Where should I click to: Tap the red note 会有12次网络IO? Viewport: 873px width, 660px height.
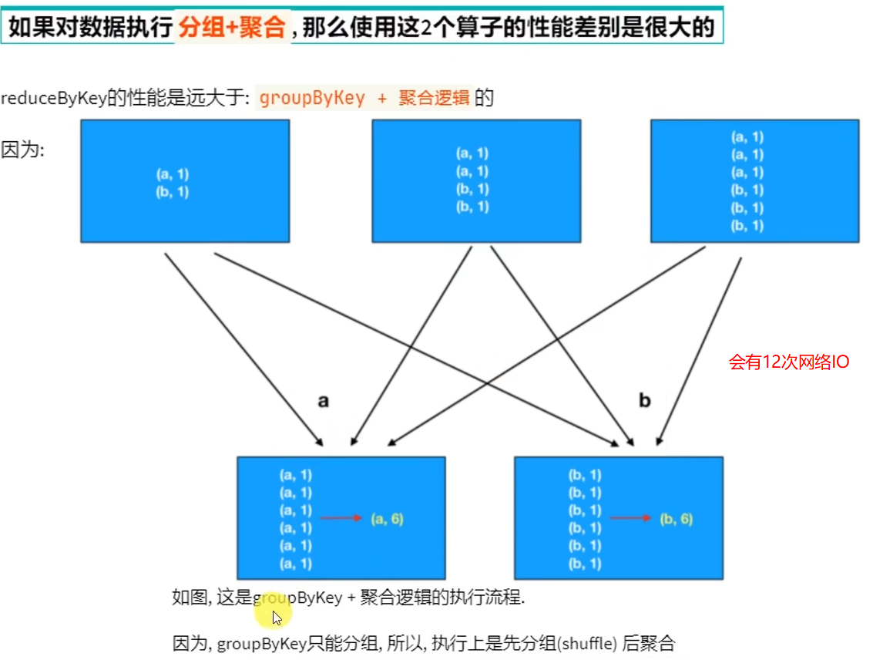(789, 362)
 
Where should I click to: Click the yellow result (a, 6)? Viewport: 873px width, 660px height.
(386, 519)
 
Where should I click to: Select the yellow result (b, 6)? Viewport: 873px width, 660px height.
(677, 519)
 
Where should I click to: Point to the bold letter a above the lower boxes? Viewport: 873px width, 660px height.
(324, 401)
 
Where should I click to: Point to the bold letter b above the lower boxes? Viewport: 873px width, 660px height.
(645, 401)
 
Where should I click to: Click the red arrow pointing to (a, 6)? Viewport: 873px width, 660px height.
(341, 519)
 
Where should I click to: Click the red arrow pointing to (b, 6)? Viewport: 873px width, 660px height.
(631, 519)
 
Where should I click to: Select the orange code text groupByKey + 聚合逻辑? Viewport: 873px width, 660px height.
(364, 99)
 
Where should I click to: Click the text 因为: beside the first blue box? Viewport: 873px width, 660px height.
(23, 150)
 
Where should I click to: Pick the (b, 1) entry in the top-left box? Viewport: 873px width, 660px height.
(173, 192)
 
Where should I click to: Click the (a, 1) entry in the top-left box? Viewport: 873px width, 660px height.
(173, 175)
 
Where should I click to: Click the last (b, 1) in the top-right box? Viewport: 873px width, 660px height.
(747, 225)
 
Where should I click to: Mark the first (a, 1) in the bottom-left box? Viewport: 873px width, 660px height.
(297, 475)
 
